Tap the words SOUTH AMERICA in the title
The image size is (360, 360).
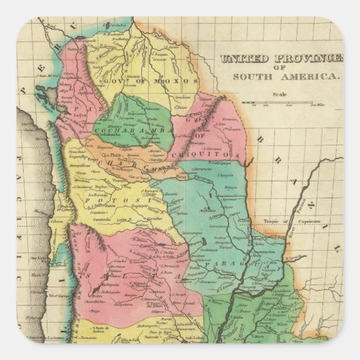(x=286, y=77)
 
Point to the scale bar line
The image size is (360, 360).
(x=278, y=103)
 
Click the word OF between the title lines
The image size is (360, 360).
(x=286, y=69)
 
